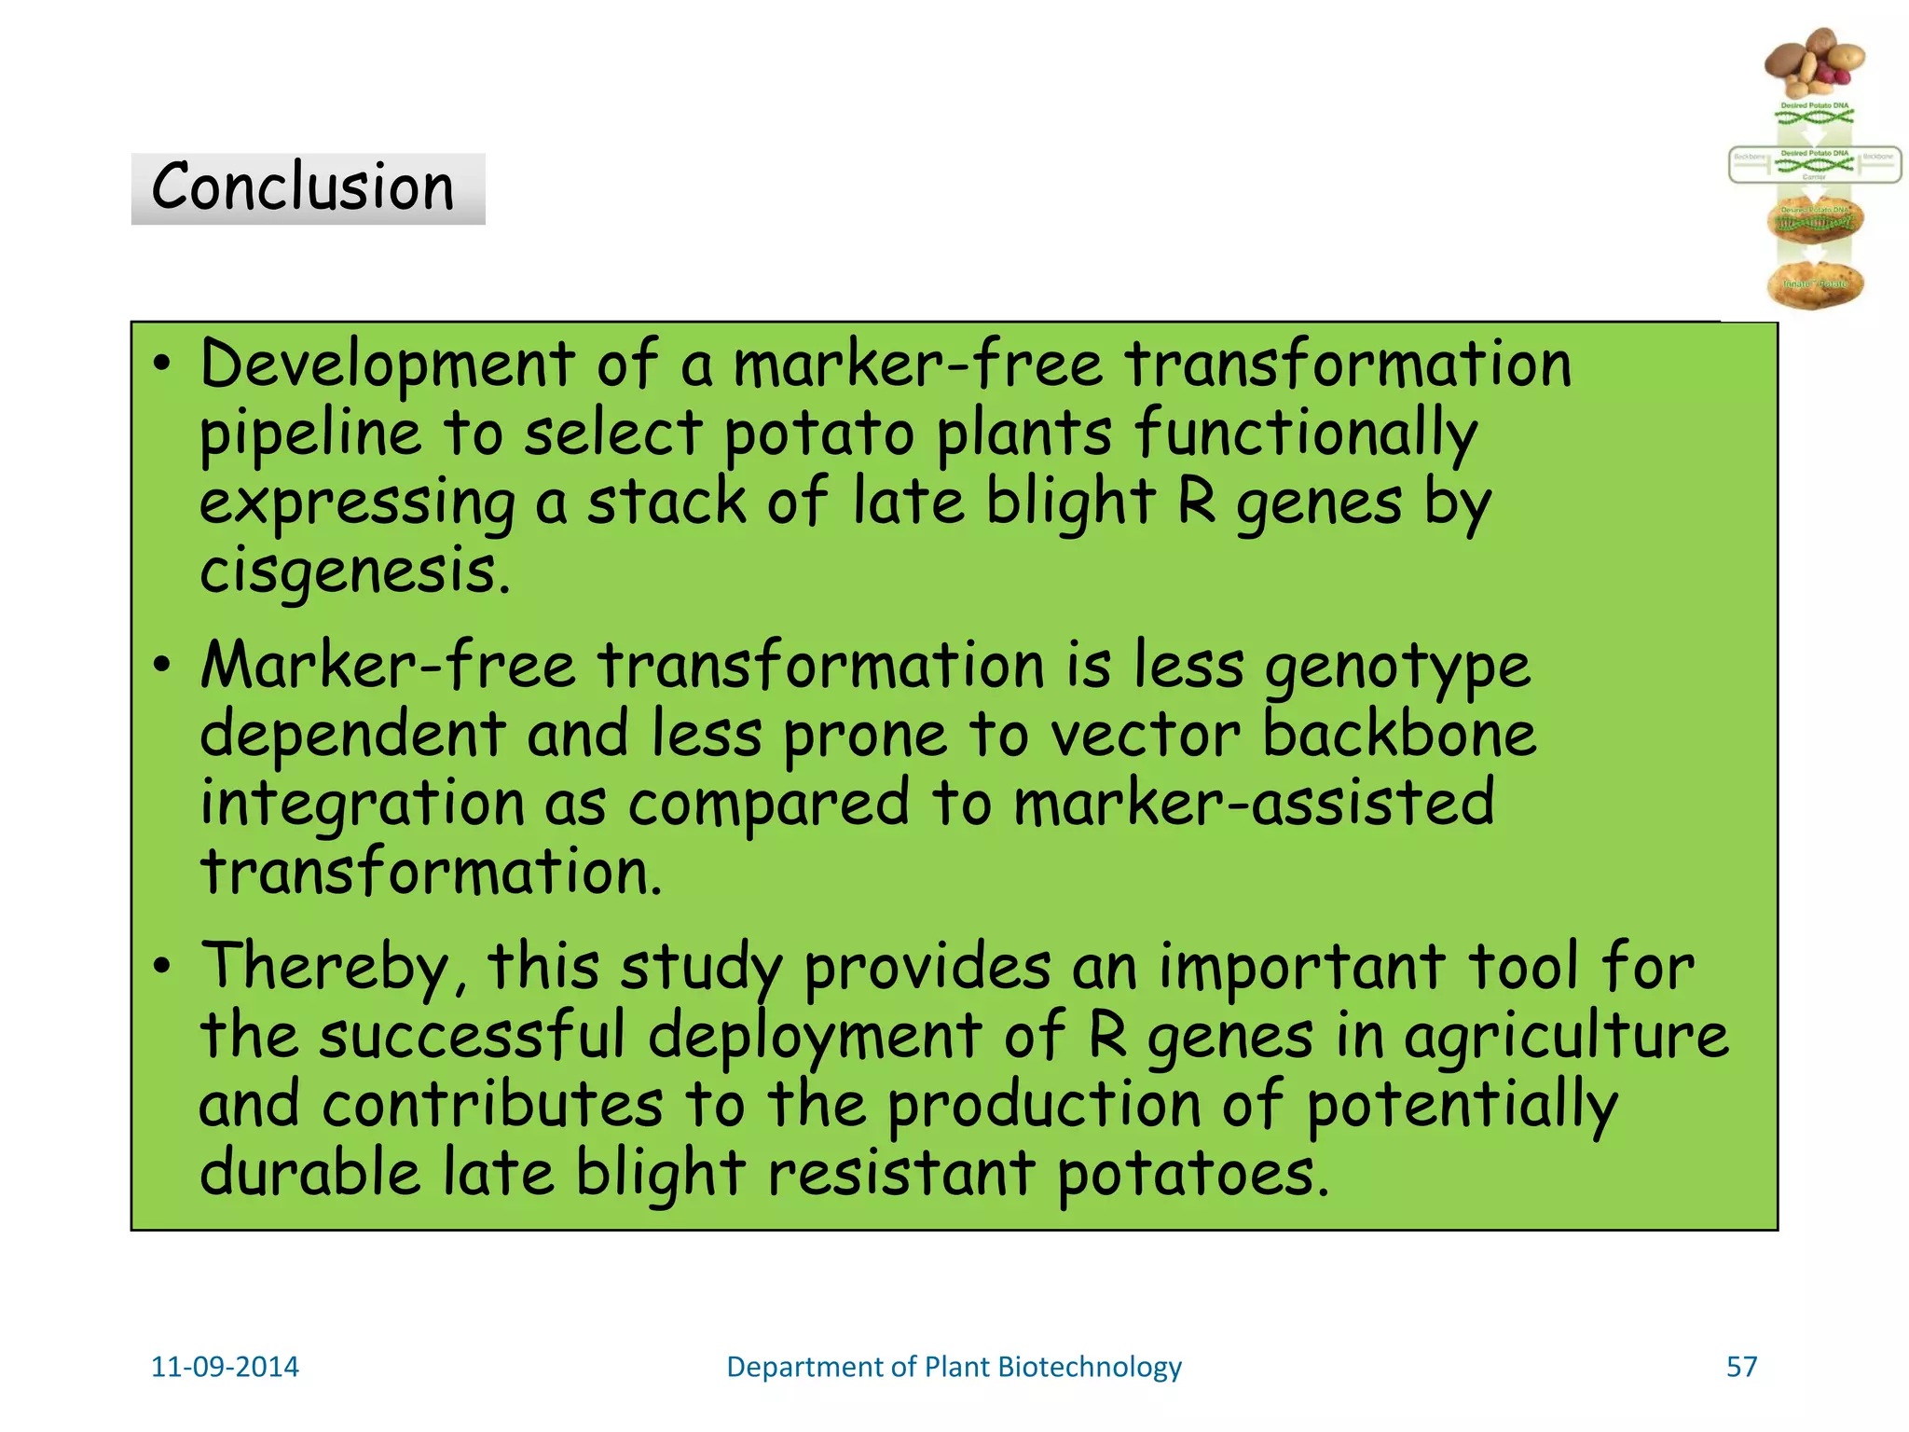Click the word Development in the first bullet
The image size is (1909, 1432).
click(387, 365)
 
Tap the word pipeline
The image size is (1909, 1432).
click(310, 434)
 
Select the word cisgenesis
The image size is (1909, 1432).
click(354, 571)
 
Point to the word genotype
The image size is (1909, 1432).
click(1397, 668)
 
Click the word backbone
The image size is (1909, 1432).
click(1399, 734)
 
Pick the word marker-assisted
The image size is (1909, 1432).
click(1254, 803)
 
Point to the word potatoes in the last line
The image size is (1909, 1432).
click(1192, 1173)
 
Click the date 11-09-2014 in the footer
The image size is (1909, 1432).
click(225, 1367)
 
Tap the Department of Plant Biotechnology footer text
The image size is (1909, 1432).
click(954, 1367)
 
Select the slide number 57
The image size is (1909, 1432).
click(1741, 1367)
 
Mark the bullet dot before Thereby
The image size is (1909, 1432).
click(163, 967)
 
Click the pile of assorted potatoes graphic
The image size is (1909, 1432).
click(1814, 62)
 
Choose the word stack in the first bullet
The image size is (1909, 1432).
click(666, 503)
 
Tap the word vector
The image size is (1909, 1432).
click(1146, 736)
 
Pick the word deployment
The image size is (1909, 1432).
click(814, 1037)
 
